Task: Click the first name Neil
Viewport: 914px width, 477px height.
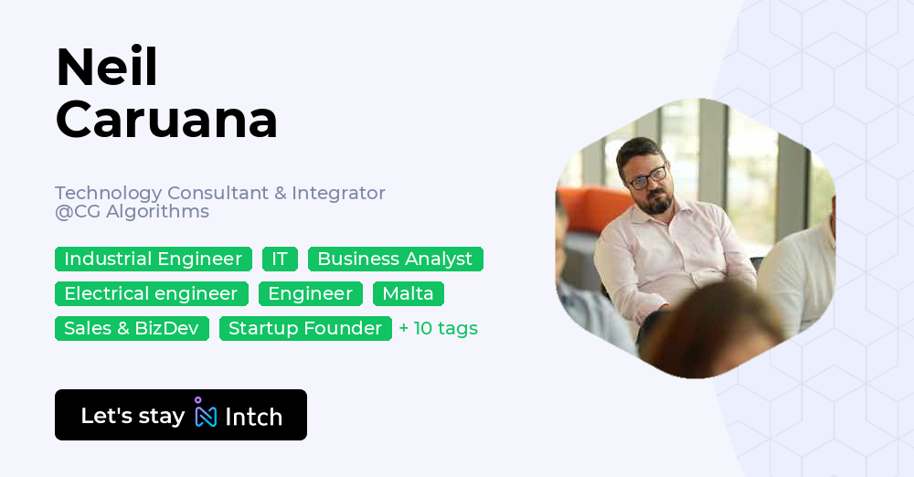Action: (x=106, y=69)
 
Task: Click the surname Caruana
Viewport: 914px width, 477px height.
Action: (x=166, y=119)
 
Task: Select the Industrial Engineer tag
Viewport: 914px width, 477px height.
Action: (x=153, y=260)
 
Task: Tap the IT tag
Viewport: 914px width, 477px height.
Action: (x=280, y=260)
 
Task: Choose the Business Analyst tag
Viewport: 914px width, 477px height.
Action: (x=395, y=260)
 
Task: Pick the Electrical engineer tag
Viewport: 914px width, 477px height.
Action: (x=151, y=294)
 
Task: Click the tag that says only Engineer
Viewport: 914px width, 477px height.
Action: (x=310, y=294)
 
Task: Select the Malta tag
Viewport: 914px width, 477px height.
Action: (x=408, y=294)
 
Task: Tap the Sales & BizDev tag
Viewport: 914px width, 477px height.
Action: (x=132, y=329)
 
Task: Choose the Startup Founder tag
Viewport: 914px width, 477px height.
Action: (x=305, y=329)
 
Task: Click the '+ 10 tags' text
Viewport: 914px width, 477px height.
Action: (x=439, y=329)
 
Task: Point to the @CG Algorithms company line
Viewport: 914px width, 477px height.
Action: (x=132, y=212)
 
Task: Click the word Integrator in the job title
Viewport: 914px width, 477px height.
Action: (x=338, y=194)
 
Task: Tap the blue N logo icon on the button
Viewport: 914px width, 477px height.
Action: (x=206, y=414)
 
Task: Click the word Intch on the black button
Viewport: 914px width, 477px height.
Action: (x=253, y=417)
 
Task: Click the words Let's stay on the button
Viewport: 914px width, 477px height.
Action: (x=133, y=416)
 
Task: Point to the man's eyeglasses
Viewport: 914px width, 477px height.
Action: (x=647, y=176)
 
